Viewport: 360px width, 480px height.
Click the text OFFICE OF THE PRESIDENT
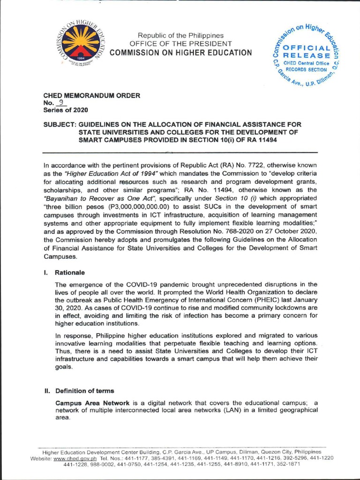(x=180, y=44)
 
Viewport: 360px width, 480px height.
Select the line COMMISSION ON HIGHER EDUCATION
(x=180, y=52)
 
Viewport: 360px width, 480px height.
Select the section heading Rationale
(x=70, y=272)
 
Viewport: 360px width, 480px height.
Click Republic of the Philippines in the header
(x=180, y=36)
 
